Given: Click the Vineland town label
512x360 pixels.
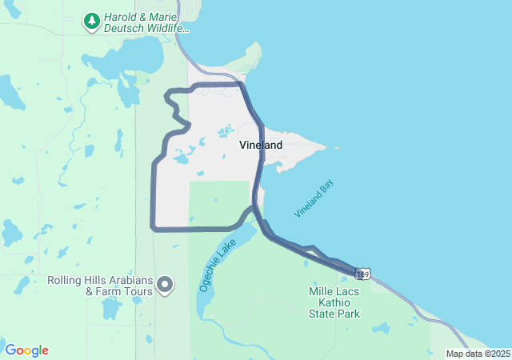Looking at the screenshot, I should pyautogui.click(x=261, y=146).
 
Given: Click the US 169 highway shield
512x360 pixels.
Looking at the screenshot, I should pyautogui.click(x=363, y=274).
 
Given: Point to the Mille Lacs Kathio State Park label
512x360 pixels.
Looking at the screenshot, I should pyautogui.click(x=334, y=302).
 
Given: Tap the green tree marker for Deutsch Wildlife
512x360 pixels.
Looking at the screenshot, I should pyautogui.click(x=92, y=21).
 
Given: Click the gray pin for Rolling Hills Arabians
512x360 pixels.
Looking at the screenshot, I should pyautogui.click(x=166, y=285).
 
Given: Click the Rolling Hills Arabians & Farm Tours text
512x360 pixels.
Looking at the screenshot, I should pyautogui.click(x=100, y=286).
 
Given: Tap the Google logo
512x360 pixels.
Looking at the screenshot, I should pyautogui.click(x=26, y=350).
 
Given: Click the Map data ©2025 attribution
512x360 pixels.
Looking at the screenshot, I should pyautogui.click(x=478, y=354).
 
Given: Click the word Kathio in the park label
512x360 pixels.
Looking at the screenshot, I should pyautogui.click(x=334, y=302).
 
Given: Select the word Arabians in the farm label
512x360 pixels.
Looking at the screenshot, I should pyautogui.click(x=131, y=280).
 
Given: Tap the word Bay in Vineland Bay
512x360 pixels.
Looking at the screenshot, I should pyautogui.click(x=326, y=188).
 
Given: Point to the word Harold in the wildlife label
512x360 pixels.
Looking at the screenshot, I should pyautogui.click(x=120, y=17).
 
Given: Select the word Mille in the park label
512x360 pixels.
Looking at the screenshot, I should pyautogui.click(x=322, y=291).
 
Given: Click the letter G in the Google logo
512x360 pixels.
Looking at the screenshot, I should pyautogui.click(x=10, y=350).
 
